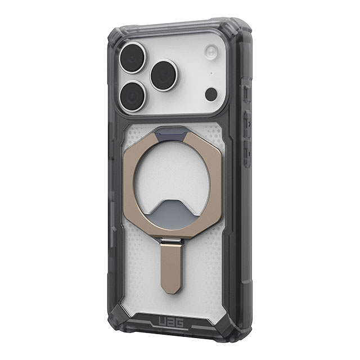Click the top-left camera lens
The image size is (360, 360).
point(132,57)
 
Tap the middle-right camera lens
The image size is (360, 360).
point(164,75)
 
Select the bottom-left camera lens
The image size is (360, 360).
point(132,96)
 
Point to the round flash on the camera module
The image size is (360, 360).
point(211,53)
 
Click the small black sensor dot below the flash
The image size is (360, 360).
point(211,94)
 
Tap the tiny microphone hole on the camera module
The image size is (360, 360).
point(211,74)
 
